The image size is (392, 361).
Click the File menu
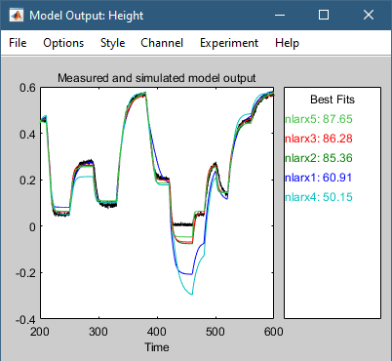(x=19, y=44)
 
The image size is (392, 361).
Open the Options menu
(x=63, y=44)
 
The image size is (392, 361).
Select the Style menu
(x=112, y=44)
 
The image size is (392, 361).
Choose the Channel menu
(x=161, y=44)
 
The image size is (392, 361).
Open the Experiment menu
(x=228, y=44)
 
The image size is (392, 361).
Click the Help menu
(x=287, y=44)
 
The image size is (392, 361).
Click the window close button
(x=368, y=16)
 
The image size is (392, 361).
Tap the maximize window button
(x=323, y=16)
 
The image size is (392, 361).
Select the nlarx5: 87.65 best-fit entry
(x=318, y=119)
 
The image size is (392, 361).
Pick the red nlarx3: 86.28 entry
(x=318, y=139)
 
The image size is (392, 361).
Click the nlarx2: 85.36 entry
(x=318, y=158)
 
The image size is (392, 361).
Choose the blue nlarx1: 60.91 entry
(x=318, y=178)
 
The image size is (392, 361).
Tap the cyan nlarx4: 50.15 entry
(x=318, y=197)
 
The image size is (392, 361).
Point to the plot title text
(x=156, y=78)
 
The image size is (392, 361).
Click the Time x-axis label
(x=156, y=346)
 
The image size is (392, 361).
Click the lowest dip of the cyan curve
(x=192, y=294)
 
